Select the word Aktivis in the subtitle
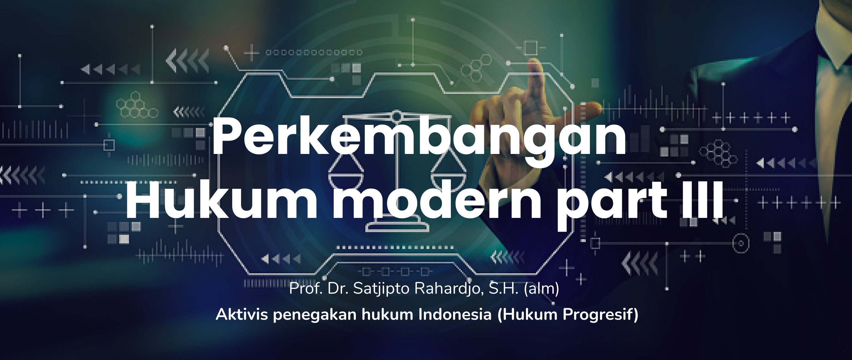(x=242, y=314)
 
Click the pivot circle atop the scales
(x=396, y=116)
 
